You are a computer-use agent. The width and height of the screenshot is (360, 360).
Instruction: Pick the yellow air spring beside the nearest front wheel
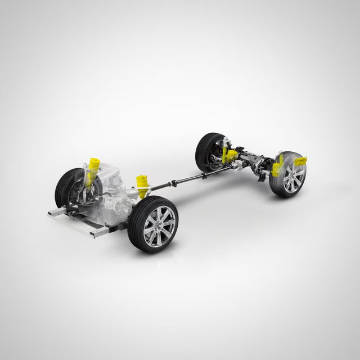point(142,186)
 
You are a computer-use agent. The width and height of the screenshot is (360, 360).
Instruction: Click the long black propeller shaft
point(186,180)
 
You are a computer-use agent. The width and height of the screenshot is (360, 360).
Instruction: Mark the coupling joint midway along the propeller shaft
point(174,183)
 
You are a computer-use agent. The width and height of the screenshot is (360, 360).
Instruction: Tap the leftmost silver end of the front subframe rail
point(55,213)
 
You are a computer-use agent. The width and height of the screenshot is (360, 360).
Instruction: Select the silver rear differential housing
point(239,164)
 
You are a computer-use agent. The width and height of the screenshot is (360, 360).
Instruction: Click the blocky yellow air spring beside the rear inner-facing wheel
point(230,156)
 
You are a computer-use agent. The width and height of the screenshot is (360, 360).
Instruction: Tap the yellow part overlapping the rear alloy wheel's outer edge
point(300,161)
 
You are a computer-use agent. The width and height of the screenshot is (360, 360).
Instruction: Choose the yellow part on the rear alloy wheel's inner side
point(277,166)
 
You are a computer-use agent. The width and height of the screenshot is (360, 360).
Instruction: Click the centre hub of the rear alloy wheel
point(293,178)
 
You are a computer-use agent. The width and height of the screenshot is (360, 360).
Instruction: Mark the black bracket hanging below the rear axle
point(262,175)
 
